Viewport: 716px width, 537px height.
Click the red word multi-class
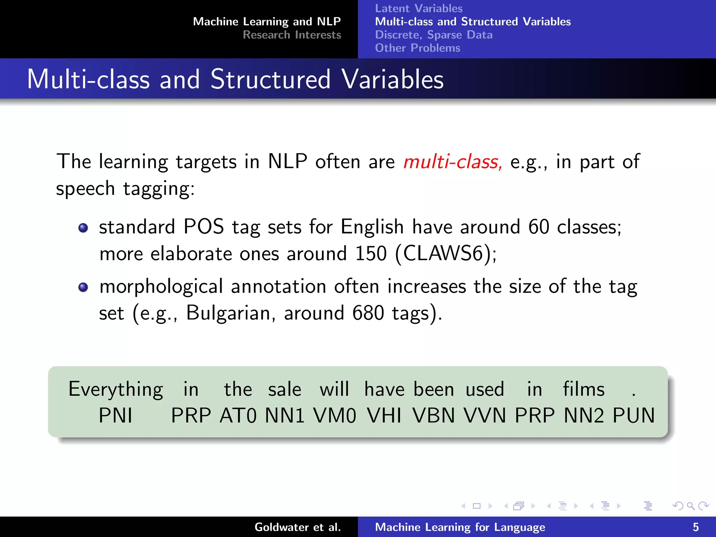pos(452,162)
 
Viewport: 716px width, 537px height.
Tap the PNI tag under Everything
pos(115,416)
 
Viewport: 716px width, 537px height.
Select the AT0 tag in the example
pos(238,416)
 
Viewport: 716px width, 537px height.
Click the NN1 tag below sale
pos(285,416)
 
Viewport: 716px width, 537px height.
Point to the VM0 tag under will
pos(335,416)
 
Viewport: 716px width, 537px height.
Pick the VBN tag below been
pos(434,416)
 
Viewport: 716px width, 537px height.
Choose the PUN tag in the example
pos(633,416)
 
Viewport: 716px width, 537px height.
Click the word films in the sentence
pos(583,389)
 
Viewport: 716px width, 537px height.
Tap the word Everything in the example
pos(116,389)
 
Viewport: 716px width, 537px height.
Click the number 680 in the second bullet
pos(368,313)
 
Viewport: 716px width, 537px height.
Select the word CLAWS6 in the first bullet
pos(443,253)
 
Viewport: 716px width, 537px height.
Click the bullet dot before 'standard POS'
pos(83,228)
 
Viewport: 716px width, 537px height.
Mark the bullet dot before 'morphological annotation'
pos(83,287)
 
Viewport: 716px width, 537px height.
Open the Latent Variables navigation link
pos(418,8)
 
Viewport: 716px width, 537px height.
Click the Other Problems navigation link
pos(417,48)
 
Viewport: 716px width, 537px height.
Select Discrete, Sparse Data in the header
pos(434,35)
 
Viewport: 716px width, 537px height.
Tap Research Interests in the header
pos(292,35)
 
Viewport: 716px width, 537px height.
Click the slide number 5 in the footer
pos(696,527)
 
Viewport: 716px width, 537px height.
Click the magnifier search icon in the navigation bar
pos(690,506)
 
